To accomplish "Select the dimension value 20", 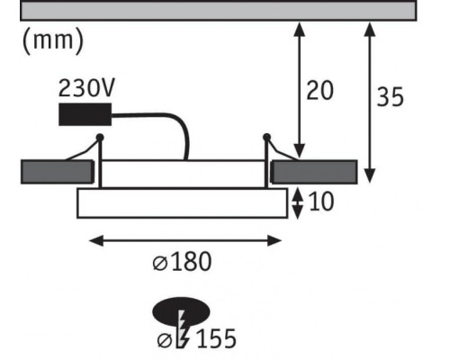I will point(319,90).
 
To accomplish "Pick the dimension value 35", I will point(390,97).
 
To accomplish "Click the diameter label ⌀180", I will point(182,262).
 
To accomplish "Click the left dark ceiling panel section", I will point(56,171).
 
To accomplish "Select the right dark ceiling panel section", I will point(315,171).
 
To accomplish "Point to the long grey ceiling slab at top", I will point(217,10).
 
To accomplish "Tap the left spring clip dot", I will point(100,137).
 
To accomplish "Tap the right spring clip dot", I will point(266,137).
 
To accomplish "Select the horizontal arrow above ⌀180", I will point(186,239).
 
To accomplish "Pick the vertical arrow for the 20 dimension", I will point(300,90).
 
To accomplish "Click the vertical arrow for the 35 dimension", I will point(367,99).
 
